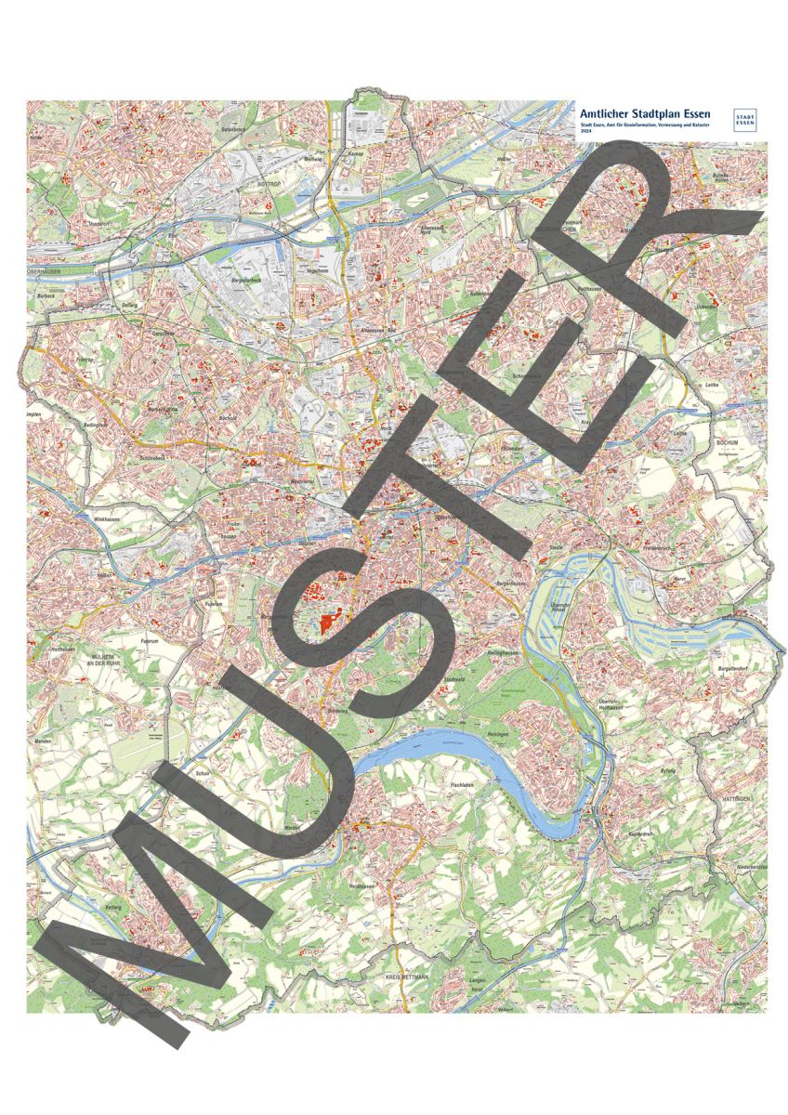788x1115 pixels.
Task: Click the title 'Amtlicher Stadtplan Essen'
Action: [644, 113]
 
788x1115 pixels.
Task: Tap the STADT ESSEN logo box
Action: [744, 119]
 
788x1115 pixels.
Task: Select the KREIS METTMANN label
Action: [407, 978]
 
